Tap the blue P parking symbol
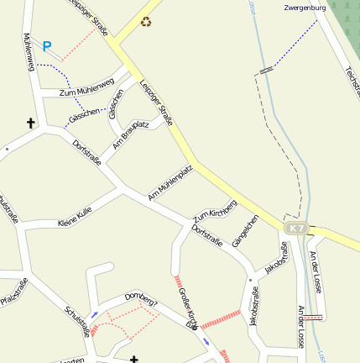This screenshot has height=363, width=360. (x=47, y=47)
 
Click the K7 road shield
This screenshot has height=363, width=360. (x=295, y=229)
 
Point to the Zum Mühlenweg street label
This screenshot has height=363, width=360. (x=86, y=87)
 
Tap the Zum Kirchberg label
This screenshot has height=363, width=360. (x=216, y=211)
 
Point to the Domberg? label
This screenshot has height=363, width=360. (x=140, y=298)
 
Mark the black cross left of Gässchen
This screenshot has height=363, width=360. (x=31, y=124)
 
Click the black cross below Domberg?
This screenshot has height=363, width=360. (x=133, y=359)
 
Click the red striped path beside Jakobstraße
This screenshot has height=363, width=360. (x=221, y=318)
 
